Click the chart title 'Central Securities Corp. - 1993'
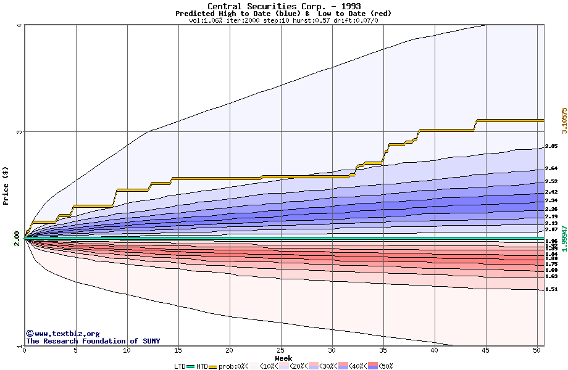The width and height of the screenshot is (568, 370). (283, 6)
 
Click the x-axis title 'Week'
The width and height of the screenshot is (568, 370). (283, 358)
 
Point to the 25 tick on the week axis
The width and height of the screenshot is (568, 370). (281, 350)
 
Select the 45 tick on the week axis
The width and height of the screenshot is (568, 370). (486, 350)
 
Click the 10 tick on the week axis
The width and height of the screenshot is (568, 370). (127, 350)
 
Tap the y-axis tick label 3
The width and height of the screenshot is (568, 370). (20, 132)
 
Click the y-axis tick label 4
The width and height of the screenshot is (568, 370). (20, 25)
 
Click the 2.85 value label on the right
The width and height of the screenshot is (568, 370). (551, 147)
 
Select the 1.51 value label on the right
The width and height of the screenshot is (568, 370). (551, 289)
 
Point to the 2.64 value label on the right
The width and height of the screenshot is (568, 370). (551, 168)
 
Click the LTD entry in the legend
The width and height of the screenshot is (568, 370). (180, 366)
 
